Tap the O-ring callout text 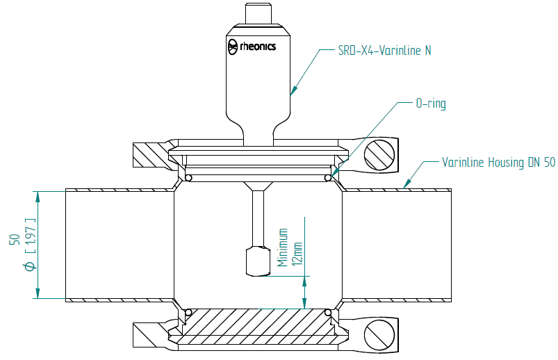[430, 104]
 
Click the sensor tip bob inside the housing [258, 261]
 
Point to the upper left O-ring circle [188, 179]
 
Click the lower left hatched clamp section [149, 333]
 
